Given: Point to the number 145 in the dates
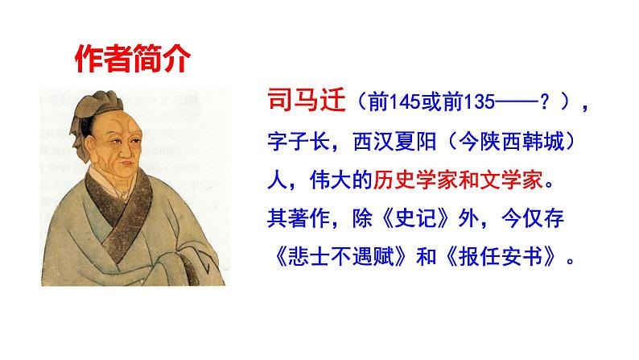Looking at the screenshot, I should click(402, 105).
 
